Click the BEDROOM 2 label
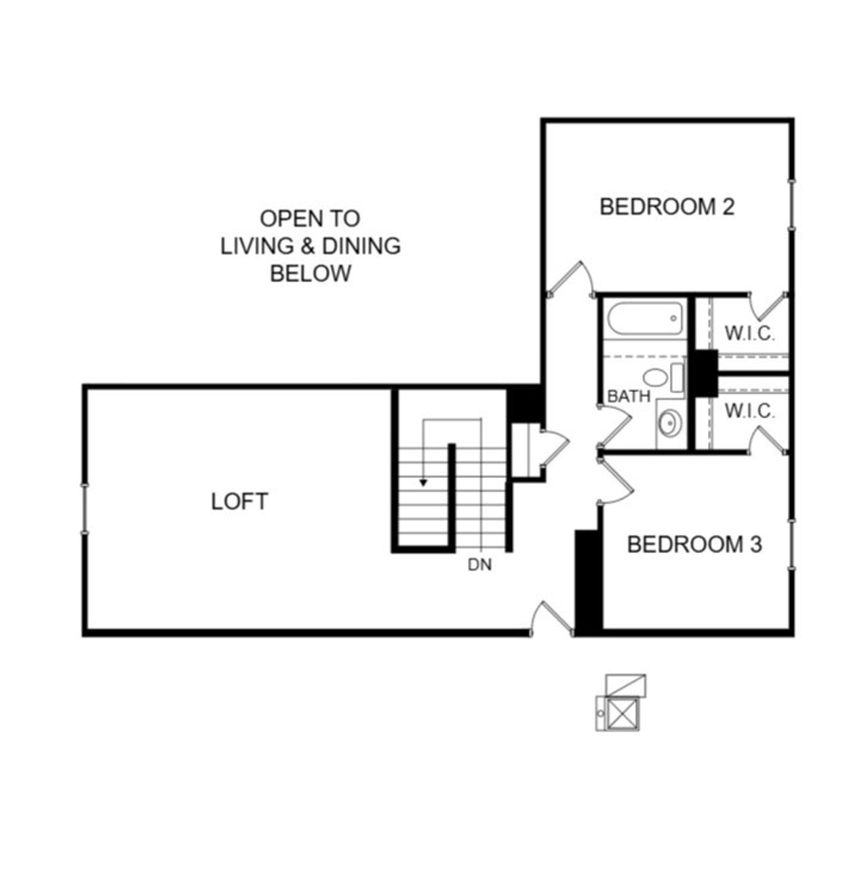[x=667, y=206]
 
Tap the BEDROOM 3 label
[x=694, y=544]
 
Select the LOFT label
[x=239, y=502]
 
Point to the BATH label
[x=629, y=397]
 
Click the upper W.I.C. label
[x=749, y=334]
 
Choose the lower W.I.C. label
[x=749, y=411]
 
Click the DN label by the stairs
[x=479, y=564]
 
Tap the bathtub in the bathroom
[x=644, y=319]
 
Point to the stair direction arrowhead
[x=423, y=483]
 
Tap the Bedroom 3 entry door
[x=616, y=481]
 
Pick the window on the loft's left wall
[x=85, y=508]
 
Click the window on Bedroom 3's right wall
[x=791, y=544]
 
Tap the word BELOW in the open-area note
[x=311, y=274]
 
